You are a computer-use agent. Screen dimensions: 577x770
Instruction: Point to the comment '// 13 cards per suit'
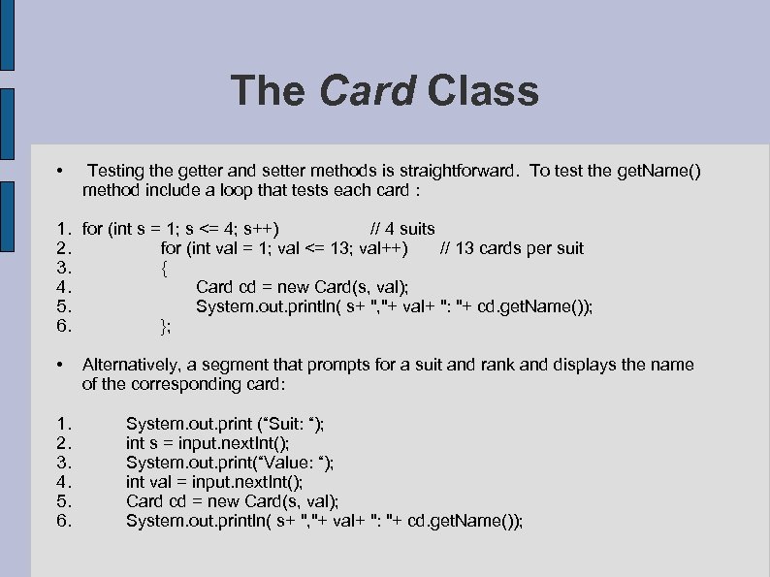[512, 248]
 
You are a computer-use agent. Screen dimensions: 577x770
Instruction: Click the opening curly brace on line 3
[164, 268]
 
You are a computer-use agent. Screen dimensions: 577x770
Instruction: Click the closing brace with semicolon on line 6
[166, 326]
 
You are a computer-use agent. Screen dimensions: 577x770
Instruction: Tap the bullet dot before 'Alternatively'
[60, 366]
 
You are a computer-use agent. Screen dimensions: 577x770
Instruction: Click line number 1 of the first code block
[63, 229]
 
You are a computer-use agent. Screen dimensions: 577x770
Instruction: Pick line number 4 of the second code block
[63, 482]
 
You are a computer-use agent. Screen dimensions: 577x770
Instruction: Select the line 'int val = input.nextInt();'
[214, 482]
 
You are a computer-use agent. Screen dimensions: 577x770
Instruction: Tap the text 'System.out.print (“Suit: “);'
[226, 424]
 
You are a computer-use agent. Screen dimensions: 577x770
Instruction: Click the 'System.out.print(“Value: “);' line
[230, 463]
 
